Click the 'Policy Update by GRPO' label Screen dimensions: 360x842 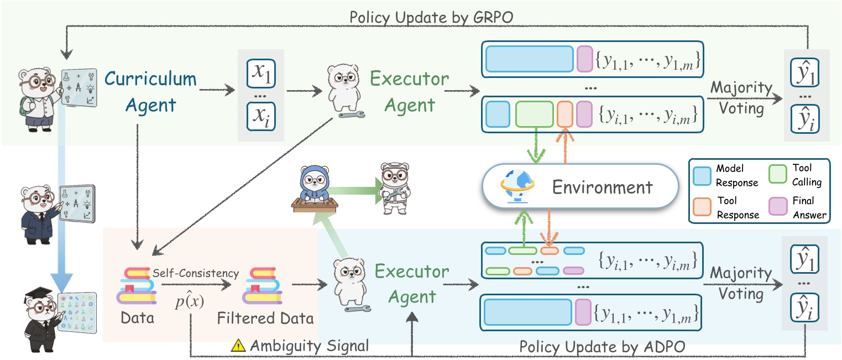tap(432, 17)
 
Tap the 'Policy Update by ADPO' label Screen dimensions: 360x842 tap(603, 347)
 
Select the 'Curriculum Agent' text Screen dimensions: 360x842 tap(150, 91)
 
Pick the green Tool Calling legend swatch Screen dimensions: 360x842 tap(777, 174)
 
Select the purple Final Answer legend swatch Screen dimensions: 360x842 tap(777, 206)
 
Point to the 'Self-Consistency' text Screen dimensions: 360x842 tap(196, 274)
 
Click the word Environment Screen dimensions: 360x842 tap(603, 187)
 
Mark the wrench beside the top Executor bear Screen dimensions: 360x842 tap(351, 116)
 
